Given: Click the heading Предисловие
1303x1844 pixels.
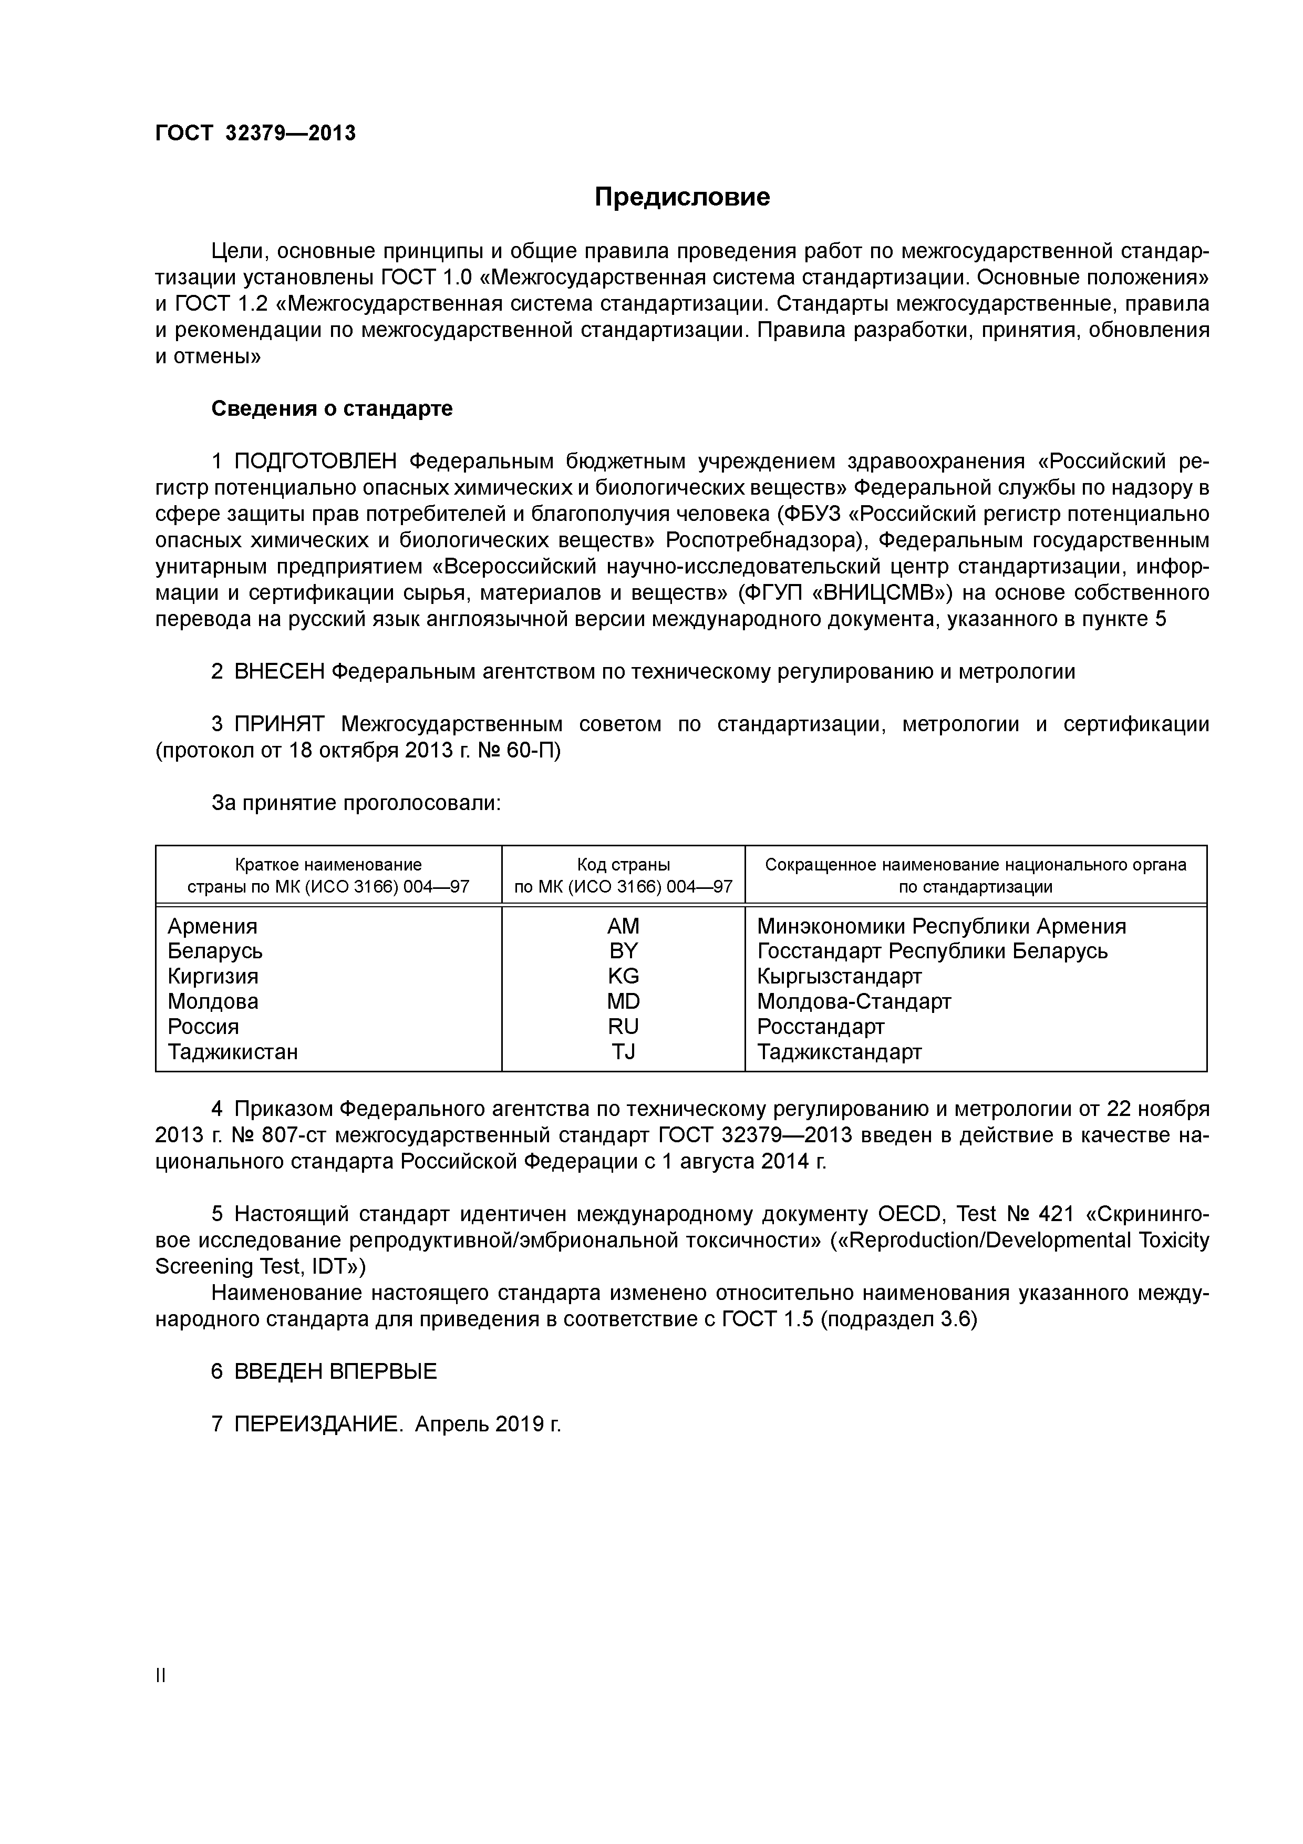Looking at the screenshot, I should (681, 197).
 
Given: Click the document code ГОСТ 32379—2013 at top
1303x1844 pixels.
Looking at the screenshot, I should (255, 134).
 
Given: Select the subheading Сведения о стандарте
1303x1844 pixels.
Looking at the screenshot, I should (332, 409).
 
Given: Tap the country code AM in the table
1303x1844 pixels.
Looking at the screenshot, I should (623, 926).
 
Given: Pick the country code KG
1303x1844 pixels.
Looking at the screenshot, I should (623, 977).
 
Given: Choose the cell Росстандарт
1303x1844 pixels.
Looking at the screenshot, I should (821, 1027).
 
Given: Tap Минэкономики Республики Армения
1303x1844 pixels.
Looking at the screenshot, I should (941, 926).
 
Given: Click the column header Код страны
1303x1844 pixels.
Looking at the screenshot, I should (623, 865).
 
